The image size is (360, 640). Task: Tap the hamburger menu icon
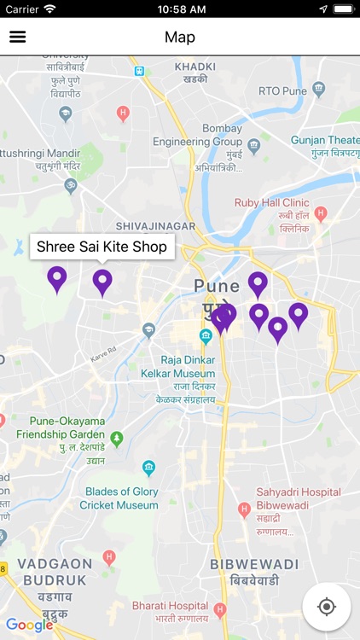pyautogui.click(x=17, y=38)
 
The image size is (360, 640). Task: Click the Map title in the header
pyautogui.click(x=180, y=38)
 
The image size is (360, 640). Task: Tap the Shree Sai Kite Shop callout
pyautogui.click(x=102, y=247)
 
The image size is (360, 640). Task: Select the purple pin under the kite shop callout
pyautogui.click(x=102, y=281)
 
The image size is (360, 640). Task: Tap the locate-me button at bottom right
pyautogui.click(x=326, y=607)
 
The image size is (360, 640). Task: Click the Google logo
pyautogui.click(x=29, y=625)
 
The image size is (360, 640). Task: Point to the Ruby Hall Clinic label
pyautogui.click(x=271, y=203)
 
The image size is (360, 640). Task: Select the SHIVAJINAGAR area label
pyautogui.click(x=155, y=226)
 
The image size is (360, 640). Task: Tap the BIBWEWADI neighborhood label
pyautogui.click(x=255, y=565)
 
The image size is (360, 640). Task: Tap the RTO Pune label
pyautogui.click(x=282, y=88)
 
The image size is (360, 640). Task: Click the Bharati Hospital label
pyautogui.click(x=170, y=606)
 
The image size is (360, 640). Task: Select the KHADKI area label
pyautogui.click(x=195, y=67)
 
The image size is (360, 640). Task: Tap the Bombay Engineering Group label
pyautogui.click(x=198, y=135)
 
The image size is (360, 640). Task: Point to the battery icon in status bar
pyautogui.click(x=344, y=9)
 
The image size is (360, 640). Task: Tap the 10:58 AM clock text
pyautogui.click(x=180, y=9)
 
